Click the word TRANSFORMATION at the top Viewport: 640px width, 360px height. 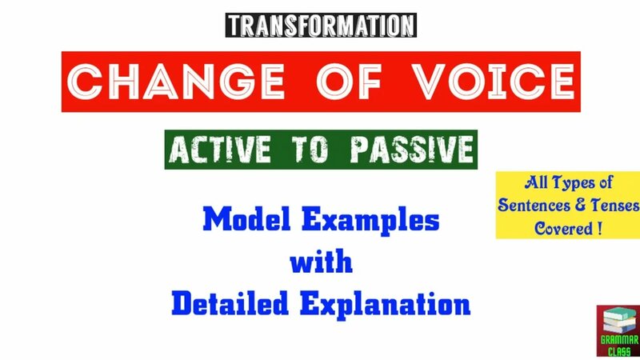click(321, 25)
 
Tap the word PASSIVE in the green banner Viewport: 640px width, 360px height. click(411, 150)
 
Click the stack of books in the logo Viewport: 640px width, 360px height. click(616, 321)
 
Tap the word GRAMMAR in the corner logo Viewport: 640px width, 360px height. click(617, 339)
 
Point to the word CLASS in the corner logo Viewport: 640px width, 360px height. click(617, 350)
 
